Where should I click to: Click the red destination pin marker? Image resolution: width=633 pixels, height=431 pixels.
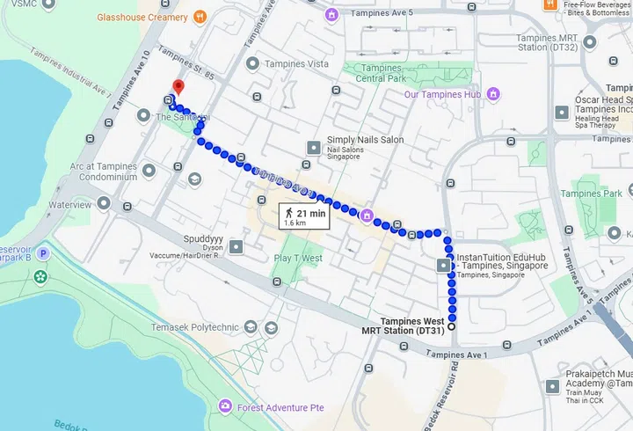point(178,86)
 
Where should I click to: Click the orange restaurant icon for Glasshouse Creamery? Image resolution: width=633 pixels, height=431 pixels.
point(200,16)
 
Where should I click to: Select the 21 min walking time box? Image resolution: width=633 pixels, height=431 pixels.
point(303,216)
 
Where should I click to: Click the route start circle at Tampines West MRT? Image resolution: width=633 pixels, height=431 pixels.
point(452,327)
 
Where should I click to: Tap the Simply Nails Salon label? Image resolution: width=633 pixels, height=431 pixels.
point(365,140)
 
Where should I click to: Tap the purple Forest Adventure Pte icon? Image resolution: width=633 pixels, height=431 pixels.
point(226,406)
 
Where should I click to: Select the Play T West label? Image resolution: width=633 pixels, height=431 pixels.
point(298,258)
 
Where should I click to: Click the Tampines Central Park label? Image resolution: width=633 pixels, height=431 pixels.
point(382,74)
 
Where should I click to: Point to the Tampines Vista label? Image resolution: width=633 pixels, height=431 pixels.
point(299,63)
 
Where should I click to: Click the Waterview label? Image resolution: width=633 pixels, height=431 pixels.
point(70,204)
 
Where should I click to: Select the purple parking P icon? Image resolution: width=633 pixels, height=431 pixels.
point(41,253)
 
